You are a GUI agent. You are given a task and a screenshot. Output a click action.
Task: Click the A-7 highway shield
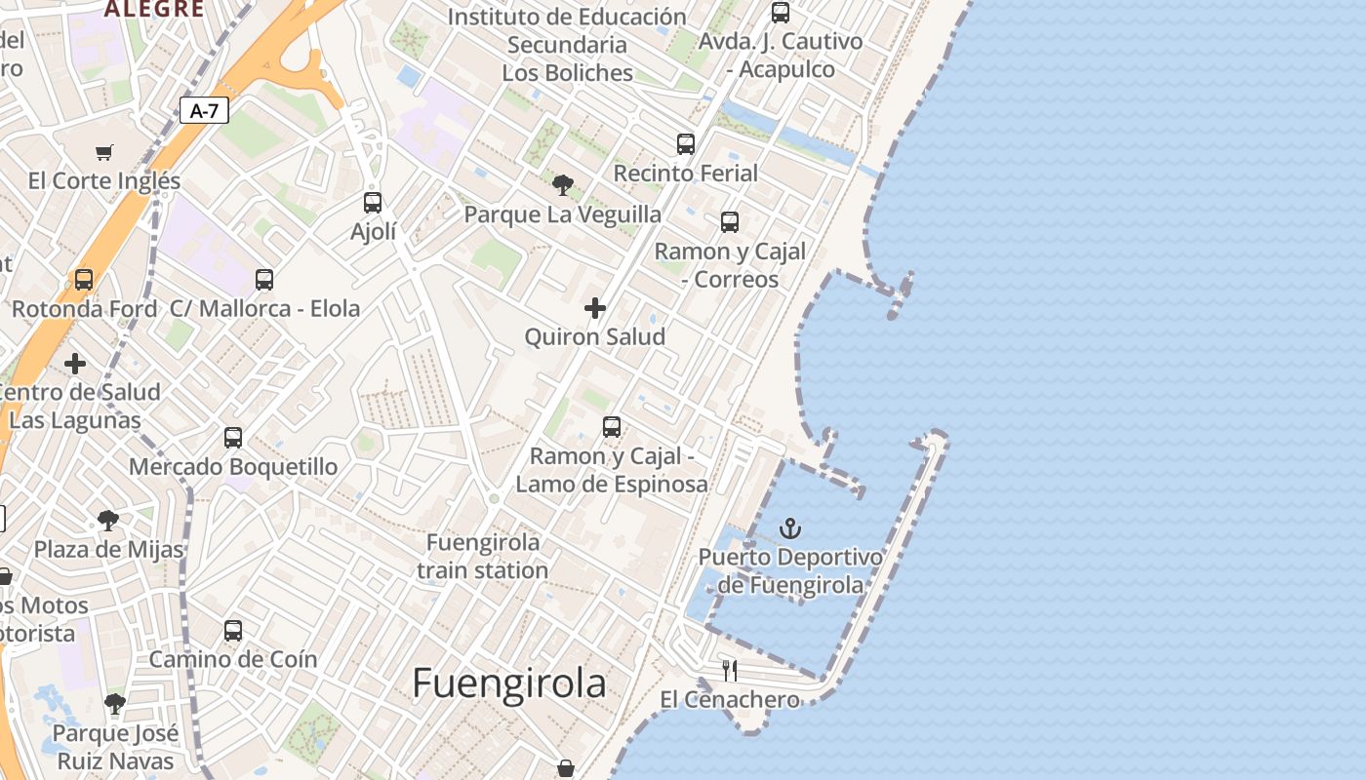pyautogui.click(x=204, y=111)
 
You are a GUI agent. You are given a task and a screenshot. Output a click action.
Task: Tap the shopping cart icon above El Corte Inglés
pyautogui.click(x=104, y=152)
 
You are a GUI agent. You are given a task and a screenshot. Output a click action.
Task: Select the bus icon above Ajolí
pyautogui.click(x=373, y=203)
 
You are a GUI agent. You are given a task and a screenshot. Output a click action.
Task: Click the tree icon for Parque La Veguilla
pyautogui.click(x=562, y=185)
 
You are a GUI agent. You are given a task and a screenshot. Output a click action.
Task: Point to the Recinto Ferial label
pyautogui.click(x=685, y=174)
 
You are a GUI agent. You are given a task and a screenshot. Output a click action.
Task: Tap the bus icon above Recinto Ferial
pyautogui.click(x=686, y=144)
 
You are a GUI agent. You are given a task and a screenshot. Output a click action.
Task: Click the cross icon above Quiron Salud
pyautogui.click(x=595, y=309)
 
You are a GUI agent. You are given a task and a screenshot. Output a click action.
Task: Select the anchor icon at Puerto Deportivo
pyautogui.click(x=790, y=529)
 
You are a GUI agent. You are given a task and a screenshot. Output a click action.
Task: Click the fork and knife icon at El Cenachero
pyautogui.click(x=729, y=671)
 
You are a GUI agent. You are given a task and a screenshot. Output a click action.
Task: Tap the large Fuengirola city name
pyautogui.click(x=508, y=683)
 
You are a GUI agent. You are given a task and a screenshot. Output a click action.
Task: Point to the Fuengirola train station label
pyautogui.click(x=483, y=556)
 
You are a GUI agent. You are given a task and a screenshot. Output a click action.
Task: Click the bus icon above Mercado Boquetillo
pyautogui.click(x=233, y=438)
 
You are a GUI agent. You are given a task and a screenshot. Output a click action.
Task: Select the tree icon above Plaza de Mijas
pyautogui.click(x=108, y=521)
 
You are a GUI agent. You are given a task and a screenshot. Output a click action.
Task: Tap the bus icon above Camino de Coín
pyautogui.click(x=233, y=631)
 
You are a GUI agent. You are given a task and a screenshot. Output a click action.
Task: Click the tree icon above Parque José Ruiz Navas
pyautogui.click(x=115, y=704)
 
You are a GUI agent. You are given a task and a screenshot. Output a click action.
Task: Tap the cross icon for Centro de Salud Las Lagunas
pyautogui.click(x=75, y=365)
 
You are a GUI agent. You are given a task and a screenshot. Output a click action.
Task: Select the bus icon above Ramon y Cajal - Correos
pyautogui.click(x=730, y=222)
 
